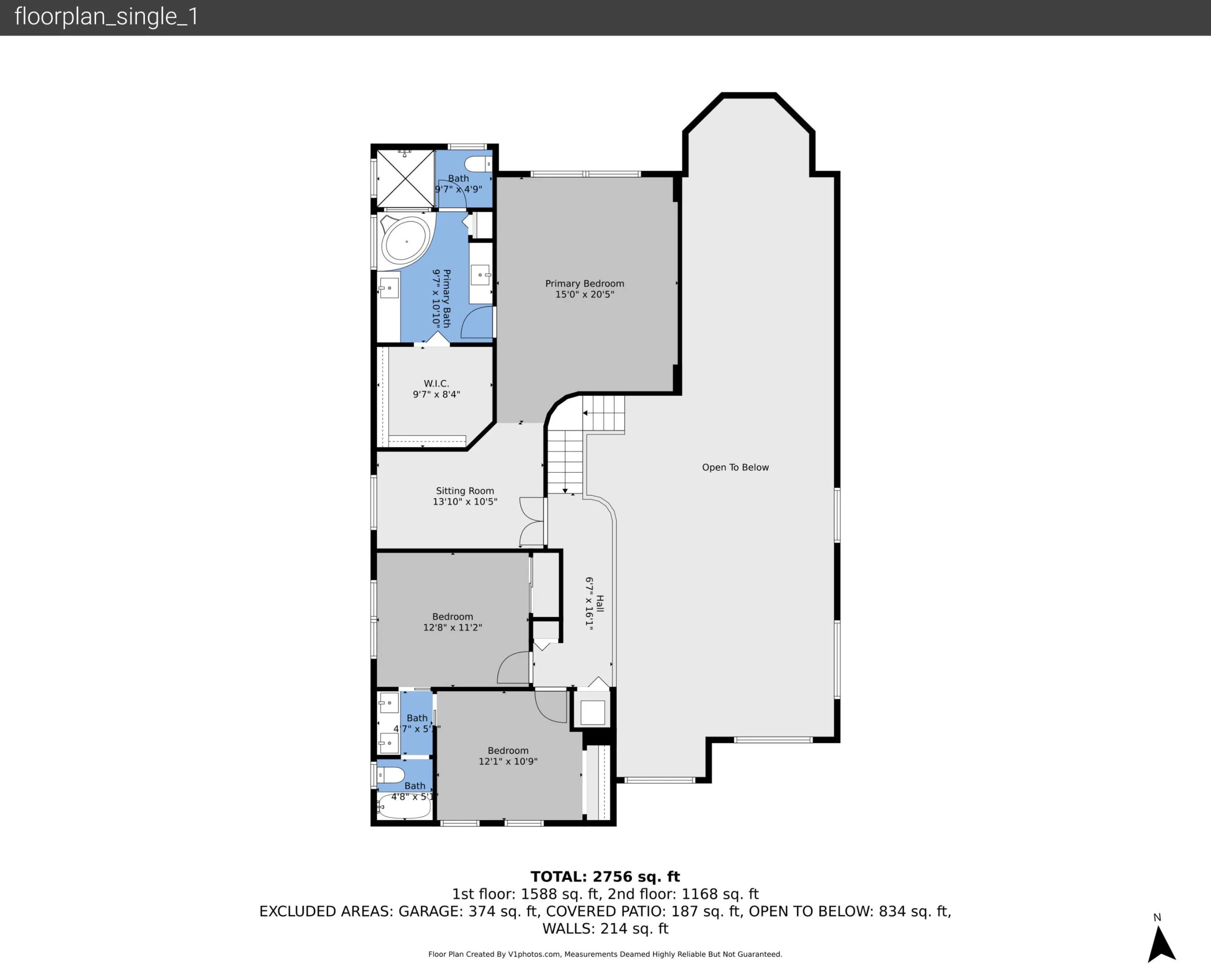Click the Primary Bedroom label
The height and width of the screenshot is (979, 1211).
click(x=585, y=284)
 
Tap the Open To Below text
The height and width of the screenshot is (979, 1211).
click(x=735, y=467)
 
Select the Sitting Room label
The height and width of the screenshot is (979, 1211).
click(x=465, y=491)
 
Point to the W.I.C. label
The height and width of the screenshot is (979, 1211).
click(x=436, y=384)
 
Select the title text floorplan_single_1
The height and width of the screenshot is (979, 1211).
click(x=107, y=17)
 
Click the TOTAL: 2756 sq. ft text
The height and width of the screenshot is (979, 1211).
click(x=605, y=877)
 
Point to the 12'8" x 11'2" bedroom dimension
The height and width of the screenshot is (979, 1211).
click(x=453, y=628)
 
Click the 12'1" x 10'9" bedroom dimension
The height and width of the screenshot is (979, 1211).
click(x=508, y=761)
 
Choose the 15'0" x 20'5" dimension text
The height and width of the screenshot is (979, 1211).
click(x=585, y=294)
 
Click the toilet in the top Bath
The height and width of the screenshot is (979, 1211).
click(x=479, y=164)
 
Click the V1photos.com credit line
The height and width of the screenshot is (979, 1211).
click(x=605, y=954)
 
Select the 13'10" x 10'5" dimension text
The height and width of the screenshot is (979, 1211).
click(x=465, y=502)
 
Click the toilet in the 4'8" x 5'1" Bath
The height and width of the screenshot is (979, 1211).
click(x=391, y=775)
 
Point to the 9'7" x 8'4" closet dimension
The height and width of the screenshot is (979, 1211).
click(x=436, y=395)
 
